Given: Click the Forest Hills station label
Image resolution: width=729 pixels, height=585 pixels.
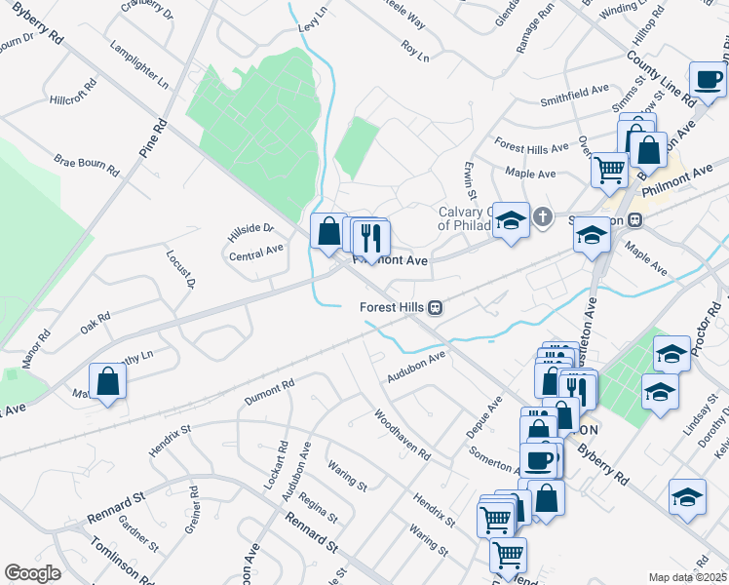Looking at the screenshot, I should (394, 307).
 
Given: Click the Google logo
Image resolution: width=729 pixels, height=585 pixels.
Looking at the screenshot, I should (32, 573).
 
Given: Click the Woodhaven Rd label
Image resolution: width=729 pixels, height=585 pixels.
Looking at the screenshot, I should (403, 435).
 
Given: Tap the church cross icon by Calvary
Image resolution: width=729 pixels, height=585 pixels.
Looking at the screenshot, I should (542, 216).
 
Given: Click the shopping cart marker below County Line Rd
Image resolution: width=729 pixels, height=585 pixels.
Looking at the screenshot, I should (609, 169).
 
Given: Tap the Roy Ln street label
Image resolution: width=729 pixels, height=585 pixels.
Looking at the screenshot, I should (415, 51).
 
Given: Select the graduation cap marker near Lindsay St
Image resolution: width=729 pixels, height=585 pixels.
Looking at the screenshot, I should (660, 393).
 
